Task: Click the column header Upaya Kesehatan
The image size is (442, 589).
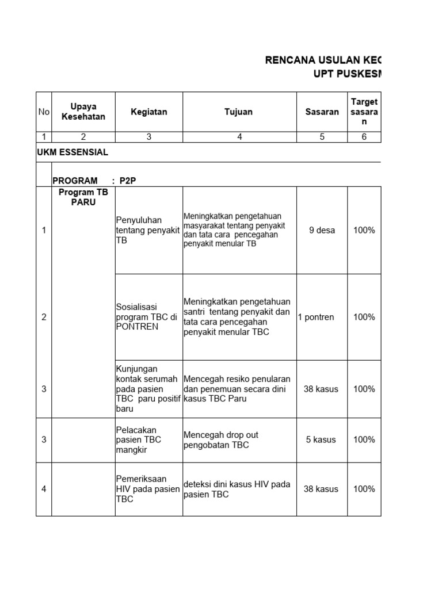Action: pos(83,112)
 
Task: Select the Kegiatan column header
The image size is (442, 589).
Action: pos(148,112)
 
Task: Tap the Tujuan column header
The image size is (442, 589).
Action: pos(238,112)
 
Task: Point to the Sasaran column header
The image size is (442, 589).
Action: pos(322,112)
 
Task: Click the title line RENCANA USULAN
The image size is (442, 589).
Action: pos(322,60)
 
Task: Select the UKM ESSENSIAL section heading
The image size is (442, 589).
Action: pos(72,152)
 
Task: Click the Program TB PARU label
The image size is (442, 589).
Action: pos(83,197)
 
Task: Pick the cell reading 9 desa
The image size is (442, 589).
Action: pos(322,230)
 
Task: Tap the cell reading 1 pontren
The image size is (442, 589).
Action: pos(316,317)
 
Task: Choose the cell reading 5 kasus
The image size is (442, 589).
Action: pos(321,439)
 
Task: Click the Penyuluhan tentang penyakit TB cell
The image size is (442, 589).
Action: pos(139,230)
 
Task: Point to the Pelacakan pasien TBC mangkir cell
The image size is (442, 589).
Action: pos(139,439)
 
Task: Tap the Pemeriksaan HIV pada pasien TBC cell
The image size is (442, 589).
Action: pos(148,489)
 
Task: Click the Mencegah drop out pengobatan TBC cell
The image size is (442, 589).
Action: pos(216,439)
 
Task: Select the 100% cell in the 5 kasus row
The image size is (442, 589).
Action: pos(364,439)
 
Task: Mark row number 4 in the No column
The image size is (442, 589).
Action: pos(44,489)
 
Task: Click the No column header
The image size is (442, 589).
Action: pos(44,112)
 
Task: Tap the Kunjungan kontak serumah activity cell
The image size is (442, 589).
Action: pos(148,389)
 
